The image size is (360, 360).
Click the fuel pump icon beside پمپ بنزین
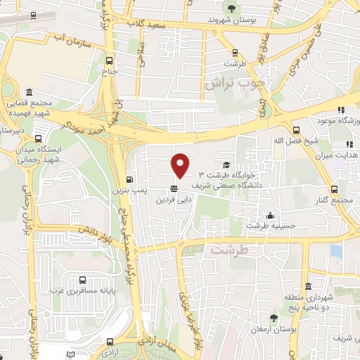[x=129, y=179]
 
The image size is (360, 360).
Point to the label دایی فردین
[x=174, y=200]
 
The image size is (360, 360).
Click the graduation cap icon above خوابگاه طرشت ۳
[x=226, y=165]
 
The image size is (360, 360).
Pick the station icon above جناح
[x=109, y=60]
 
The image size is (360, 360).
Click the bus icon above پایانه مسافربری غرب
[x=84, y=279]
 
